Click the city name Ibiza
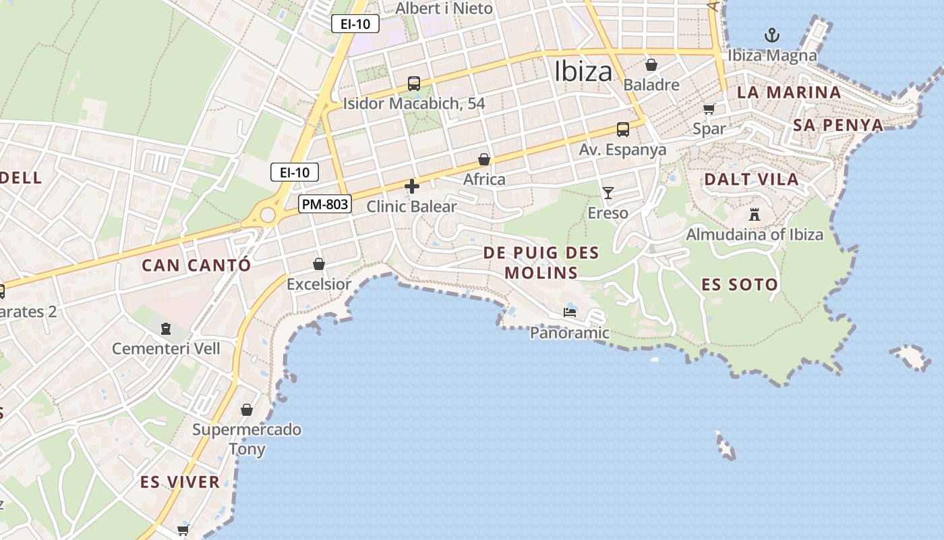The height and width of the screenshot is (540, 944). [583, 71]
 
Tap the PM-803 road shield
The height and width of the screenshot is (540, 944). [325, 203]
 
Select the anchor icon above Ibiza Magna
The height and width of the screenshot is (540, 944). [771, 35]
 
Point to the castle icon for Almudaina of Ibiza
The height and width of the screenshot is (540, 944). [755, 215]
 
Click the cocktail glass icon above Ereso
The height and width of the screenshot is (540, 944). [608, 193]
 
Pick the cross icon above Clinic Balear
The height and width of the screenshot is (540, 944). [412, 186]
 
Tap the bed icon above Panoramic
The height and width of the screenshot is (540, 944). [570, 313]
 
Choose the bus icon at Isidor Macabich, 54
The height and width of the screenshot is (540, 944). [414, 84]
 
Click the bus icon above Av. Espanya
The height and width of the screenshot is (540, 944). [623, 129]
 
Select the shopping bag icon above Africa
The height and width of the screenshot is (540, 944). [484, 159]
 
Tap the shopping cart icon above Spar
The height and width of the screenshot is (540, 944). [709, 109]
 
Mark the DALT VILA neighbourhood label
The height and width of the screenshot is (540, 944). [751, 180]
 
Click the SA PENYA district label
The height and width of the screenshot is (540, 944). [838, 125]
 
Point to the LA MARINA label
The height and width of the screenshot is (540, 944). [789, 92]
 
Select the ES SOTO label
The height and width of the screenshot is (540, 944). [740, 284]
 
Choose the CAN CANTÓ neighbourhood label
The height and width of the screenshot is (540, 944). [196, 265]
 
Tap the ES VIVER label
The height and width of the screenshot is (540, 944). [180, 482]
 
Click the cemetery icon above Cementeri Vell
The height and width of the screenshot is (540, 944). [166, 329]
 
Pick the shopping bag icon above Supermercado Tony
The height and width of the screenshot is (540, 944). [247, 410]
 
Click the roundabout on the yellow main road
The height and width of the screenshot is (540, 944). [268, 215]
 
